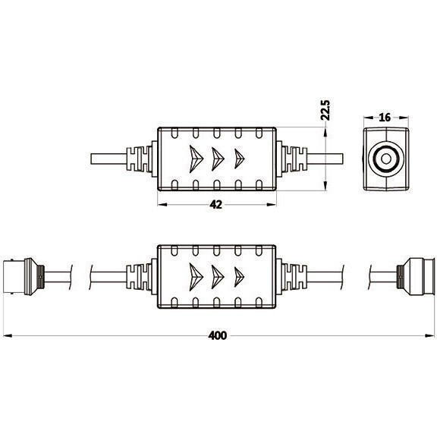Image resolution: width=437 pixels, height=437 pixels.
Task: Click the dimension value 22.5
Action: pos(325,110)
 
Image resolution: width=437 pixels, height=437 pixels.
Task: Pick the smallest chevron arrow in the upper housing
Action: pos(241,158)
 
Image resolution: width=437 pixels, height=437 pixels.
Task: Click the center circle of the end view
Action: pos(385,159)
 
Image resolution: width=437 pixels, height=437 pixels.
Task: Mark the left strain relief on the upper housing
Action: pos(143,159)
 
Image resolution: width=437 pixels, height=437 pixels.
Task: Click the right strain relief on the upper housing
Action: pos(293,159)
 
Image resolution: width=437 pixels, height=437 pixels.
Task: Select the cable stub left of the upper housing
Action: pos(110,159)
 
